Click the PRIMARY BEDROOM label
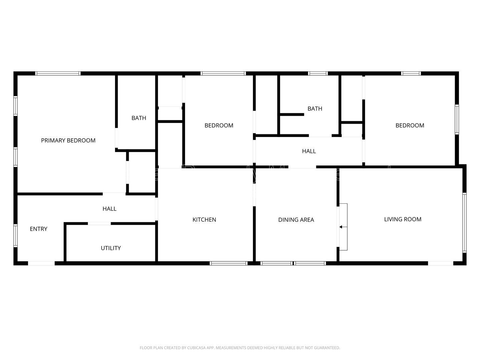[x=68, y=141]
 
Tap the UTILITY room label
[x=111, y=248]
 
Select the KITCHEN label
[x=204, y=220]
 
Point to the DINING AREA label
[x=296, y=220]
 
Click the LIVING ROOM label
[x=403, y=219]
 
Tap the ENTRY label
[x=38, y=229]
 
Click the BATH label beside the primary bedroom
[x=139, y=118]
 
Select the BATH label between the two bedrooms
[x=315, y=109]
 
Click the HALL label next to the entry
[x=109, y=209]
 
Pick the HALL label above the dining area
[x=309, y=151]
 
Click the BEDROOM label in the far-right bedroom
[x=410, y=126]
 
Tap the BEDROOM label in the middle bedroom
[x=219, y=126]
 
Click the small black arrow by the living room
[x=341, y=227]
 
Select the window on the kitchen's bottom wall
[x=229, y=263]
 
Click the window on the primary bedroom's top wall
[x=58, y=73]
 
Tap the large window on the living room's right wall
[x=464, y=222]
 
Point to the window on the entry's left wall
[x=15, y=236]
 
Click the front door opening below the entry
[x=41, y=263]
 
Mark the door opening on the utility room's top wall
[x=99, y=223]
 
